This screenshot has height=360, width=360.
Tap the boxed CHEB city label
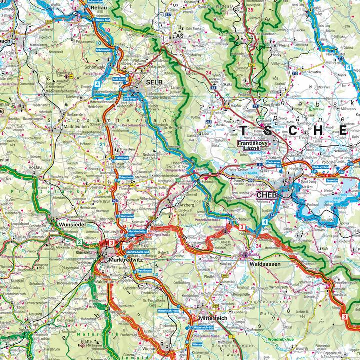pos(265,195)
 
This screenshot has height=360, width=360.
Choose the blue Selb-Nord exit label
pos(119,79)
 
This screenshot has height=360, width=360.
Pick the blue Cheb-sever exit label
pos(274,162)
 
